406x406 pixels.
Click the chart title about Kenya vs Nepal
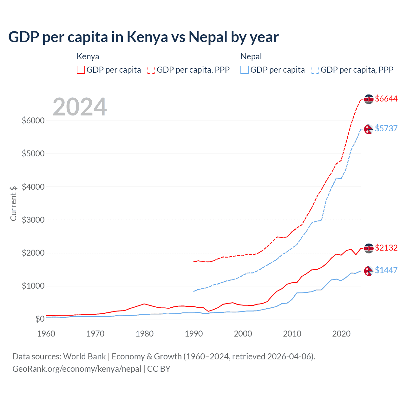[143, 37]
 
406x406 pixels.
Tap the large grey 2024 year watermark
[80, 107]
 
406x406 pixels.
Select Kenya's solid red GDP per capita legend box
[81, 70]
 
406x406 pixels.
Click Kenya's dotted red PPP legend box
[151, 70]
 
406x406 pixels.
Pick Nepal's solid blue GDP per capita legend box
[245, 70]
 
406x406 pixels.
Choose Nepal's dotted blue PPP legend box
[315, 70]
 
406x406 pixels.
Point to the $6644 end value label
[386, 99]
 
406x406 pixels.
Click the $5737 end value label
[386, 128]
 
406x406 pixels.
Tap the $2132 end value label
[386, 248]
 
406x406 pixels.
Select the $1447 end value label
[386, 270]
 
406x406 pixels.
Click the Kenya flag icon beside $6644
[369, 99]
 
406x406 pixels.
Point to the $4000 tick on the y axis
[33, 187]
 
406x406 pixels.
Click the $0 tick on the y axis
[40, 319]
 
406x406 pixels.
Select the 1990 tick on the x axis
[194, 334]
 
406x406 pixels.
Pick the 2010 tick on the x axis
[292, 334]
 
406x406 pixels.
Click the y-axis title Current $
[13, 203]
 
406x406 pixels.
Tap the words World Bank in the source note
[84, 357]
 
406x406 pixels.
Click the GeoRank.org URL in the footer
[77, 369]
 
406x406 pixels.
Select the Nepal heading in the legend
[251, 56]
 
